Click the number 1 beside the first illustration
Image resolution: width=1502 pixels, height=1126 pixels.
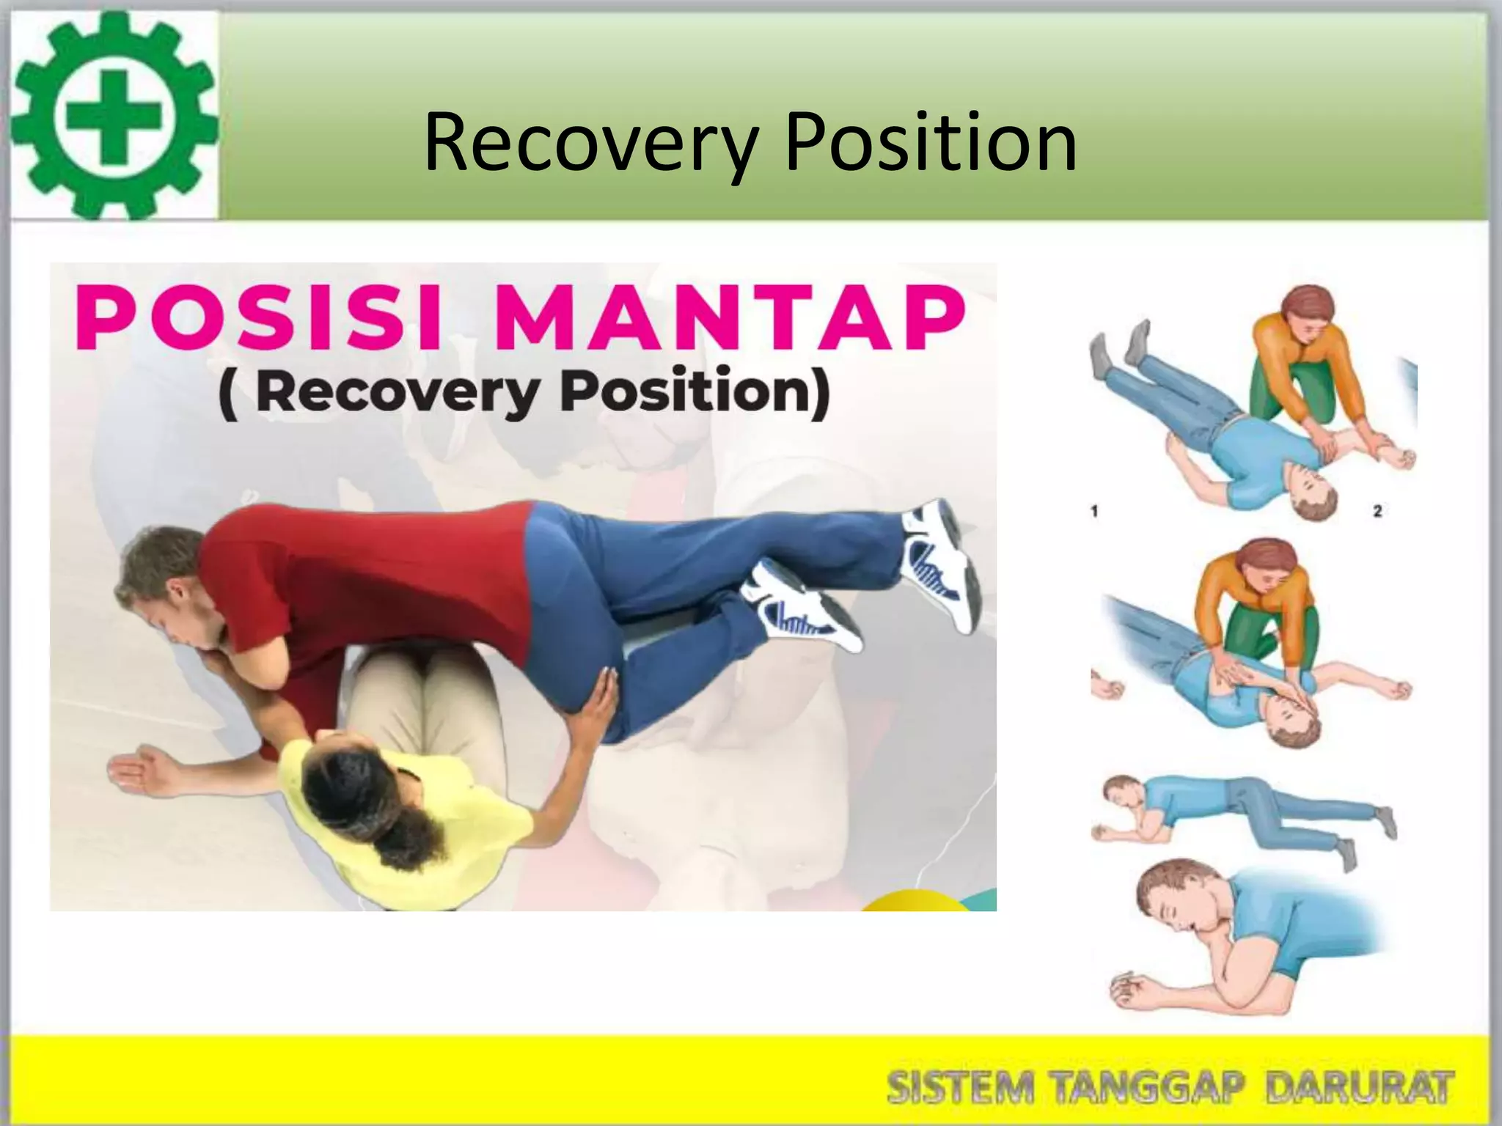1094,511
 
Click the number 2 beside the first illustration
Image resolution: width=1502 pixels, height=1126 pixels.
1377,511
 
